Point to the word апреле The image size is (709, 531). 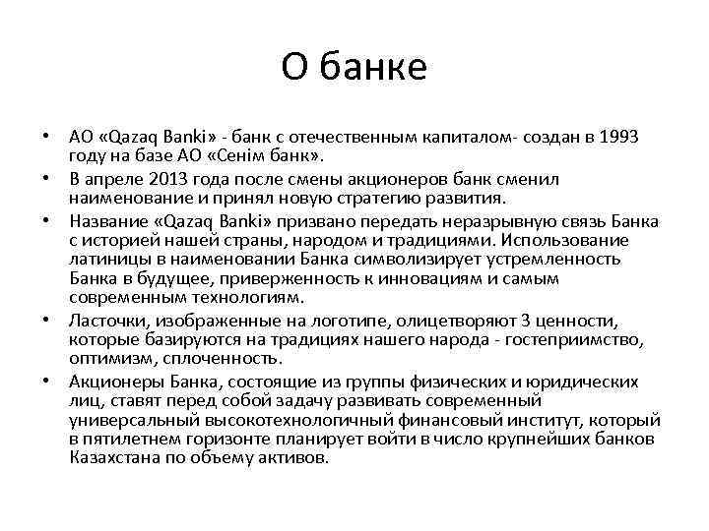click(119, 178)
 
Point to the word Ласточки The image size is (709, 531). click(107, 321)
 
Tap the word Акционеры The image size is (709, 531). click(112, 382)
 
